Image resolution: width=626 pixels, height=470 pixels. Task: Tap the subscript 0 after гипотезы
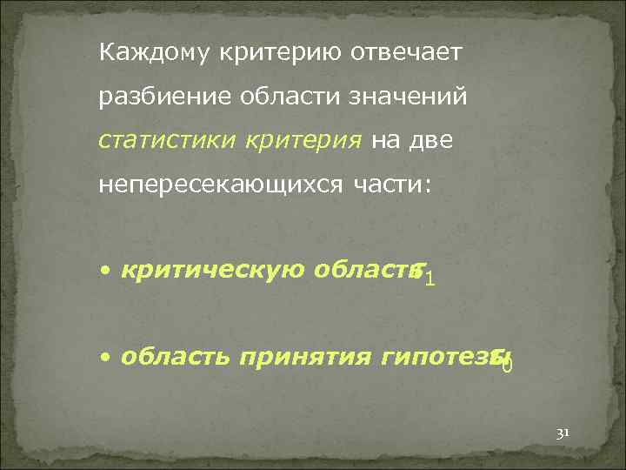507,364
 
